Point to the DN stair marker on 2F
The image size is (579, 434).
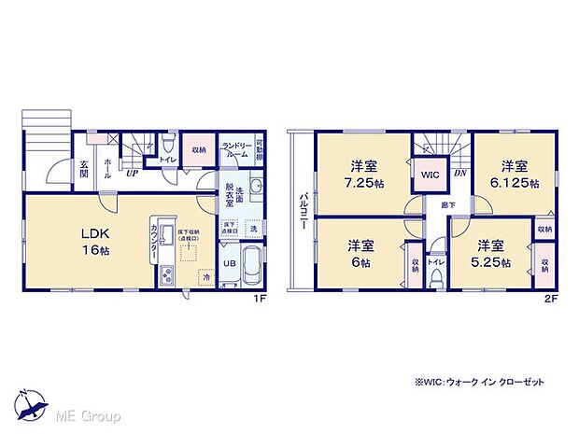(459, 174)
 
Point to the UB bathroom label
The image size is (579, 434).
(228, 264)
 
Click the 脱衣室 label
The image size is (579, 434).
(231, 201)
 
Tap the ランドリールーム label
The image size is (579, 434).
(235, 152)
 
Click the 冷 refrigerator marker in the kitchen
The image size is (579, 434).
(203, 276)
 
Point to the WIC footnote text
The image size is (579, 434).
(485, 383)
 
